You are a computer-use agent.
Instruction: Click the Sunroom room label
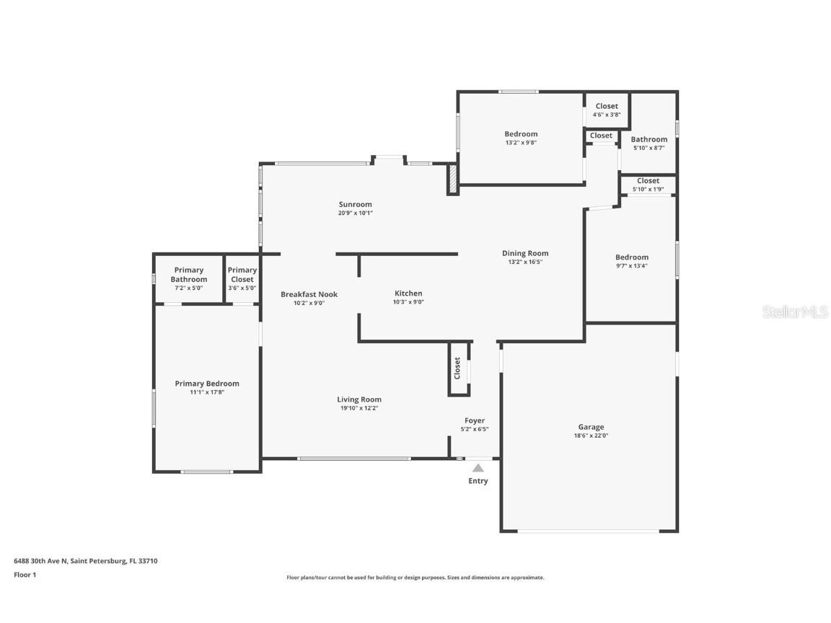356,204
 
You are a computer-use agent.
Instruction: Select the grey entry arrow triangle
478,468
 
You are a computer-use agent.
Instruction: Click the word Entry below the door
478,481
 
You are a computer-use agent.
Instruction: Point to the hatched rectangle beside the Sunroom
453,179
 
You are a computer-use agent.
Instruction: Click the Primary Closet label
242,275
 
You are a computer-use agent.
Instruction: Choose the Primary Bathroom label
189,275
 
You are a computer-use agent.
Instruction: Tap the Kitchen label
408,293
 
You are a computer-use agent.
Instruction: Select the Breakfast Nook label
309,294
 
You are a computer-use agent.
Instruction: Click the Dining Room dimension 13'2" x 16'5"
525,262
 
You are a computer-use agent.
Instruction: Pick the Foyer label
474,420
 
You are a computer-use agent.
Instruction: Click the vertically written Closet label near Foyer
457,368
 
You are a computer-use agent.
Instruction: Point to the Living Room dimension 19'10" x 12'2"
359,408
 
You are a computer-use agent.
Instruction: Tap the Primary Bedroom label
207,384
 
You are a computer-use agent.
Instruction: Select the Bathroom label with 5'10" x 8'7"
648,139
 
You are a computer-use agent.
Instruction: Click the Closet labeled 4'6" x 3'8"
606,106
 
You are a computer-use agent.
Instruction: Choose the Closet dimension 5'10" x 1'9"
648,190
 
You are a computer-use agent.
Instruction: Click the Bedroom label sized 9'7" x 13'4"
631,257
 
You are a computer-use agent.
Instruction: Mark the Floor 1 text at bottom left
25,575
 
